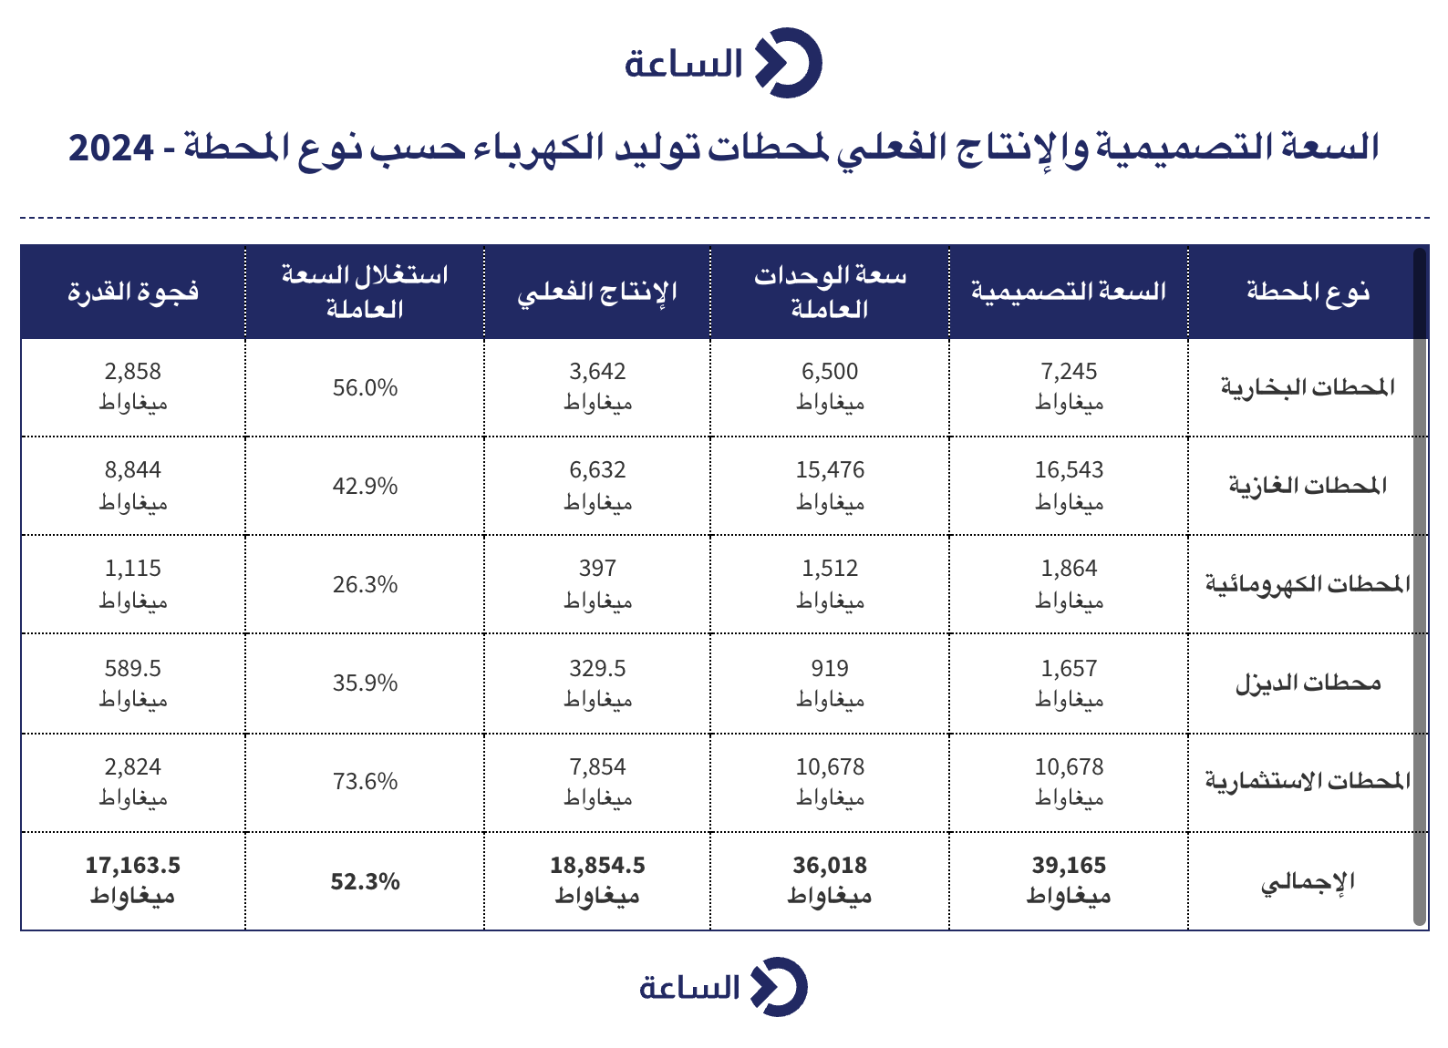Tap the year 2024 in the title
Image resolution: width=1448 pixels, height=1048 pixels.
tap(111, 148)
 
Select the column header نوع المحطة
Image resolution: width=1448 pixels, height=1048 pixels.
tap(1308, 292)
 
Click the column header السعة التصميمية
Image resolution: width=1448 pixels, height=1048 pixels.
tap(1069, 292)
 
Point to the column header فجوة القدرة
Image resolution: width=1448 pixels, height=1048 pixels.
tap(133, 292)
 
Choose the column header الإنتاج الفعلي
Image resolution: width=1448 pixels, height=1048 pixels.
tap(597, 292)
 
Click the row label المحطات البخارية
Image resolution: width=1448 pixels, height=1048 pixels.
tap(1308, 387)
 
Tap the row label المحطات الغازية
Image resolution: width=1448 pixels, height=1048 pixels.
tap(1308, 486)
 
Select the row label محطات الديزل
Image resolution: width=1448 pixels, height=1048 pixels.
tap(1308, 683)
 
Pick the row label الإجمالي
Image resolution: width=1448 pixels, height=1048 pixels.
tap(1308, 882)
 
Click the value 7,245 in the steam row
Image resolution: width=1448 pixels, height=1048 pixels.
tap(1069, 372)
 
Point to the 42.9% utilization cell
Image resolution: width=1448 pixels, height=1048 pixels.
tap(366, 486)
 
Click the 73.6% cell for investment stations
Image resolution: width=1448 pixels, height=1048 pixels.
tap(366, 782)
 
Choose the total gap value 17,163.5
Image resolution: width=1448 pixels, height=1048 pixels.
tap(133, 866)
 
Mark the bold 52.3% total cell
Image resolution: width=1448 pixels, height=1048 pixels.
tap(366, 882)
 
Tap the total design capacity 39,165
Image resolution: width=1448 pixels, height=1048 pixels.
tap(1069, 866)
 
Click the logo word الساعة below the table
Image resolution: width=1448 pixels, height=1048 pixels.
tap(689, 988)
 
